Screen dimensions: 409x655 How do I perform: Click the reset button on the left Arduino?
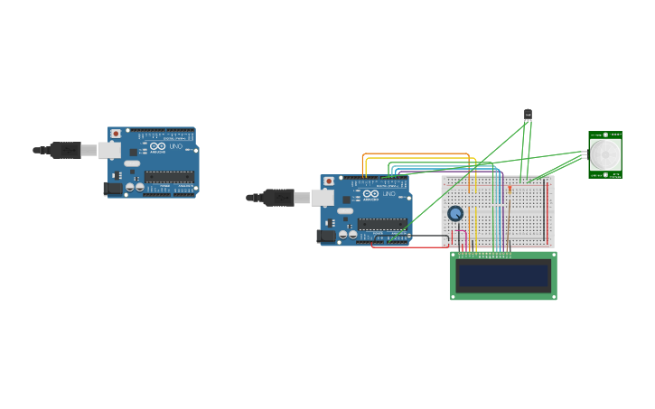click(116, 134)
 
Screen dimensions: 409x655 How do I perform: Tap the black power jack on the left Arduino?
click(113, 189)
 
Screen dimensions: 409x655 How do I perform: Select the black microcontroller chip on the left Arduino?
click(169, 177)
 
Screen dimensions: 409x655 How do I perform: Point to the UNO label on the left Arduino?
click(175, 146)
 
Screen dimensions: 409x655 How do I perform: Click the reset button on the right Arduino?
click(329, 181)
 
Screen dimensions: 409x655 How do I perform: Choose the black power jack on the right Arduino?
click(326, 237)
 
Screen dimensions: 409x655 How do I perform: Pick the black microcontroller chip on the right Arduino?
click(382, 224)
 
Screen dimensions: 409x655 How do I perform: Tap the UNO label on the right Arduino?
click(388, 194)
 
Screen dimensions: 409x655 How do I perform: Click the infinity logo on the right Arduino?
click(370, 194)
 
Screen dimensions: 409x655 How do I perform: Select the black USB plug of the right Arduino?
click(278, 198)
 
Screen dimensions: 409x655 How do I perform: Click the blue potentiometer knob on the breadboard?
click(455, 214)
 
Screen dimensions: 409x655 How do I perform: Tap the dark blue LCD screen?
click(503, 275)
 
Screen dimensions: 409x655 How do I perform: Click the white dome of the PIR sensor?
click(604, 154)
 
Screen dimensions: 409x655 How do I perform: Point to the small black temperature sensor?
click(528, 115)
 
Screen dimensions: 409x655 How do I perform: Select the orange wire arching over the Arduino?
click(416, 154)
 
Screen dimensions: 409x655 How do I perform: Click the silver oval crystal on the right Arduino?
click(345, 210)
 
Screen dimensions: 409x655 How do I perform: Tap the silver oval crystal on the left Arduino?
click(132, 163)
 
